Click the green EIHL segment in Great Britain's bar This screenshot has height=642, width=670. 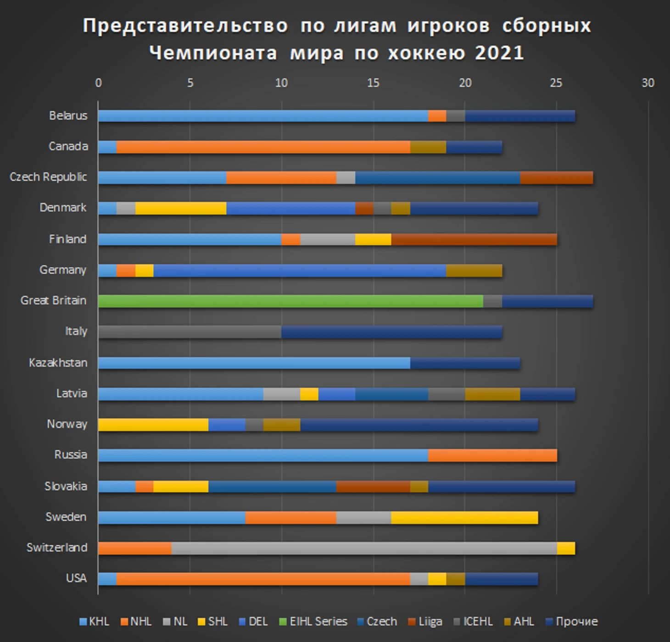pyautogui.click(x=290, y=301)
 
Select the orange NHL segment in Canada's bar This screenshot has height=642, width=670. pyautogui.click(x=263, y=147)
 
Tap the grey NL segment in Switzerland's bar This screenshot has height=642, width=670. pyautogui.click(x=364, y=548)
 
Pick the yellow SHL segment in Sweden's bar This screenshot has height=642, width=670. pyautogui.click(x=464, y=518)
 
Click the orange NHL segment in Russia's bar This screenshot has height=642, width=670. pyautogui.click(x=492, y=455)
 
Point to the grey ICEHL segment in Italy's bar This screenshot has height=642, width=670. pyautogui.click(x=190, y=332)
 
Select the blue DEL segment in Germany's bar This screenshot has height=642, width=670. pyautogui.click(x=300, y=271)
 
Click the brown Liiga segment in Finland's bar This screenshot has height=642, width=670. pyautogui.click(x=474, y=239)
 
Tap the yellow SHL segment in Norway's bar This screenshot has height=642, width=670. pyautogui.click(x=153, y=425)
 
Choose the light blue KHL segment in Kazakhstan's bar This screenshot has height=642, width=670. pyautogui.click(x=254, y=363)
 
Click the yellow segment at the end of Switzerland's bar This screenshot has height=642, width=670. pyautogui.click(x=566, y=548)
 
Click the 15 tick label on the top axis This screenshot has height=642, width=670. pyautogui.click(x=373, y=83)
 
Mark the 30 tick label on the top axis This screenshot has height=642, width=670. pyautogui.click(x=648, y=83)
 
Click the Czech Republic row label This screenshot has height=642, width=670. pyautogui.click(x=48, y=177)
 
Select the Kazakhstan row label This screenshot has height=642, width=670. pyautogui.click(x=58, y=363)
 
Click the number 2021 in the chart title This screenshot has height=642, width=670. pyautogui.click(x=499, y=53)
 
